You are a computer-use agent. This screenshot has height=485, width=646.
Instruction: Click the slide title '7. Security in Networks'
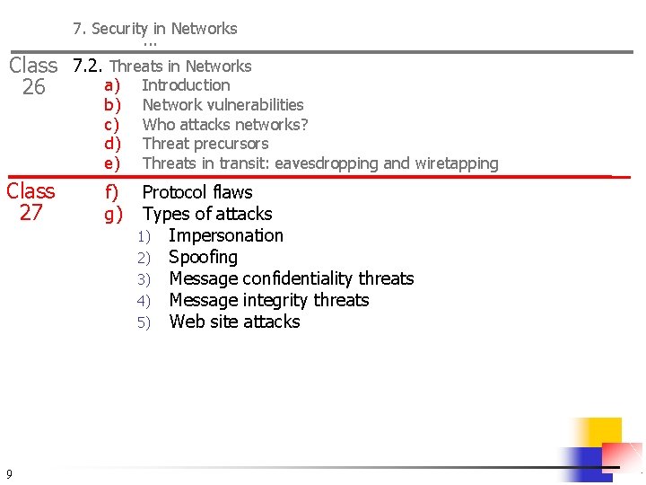click(x=155, y=29)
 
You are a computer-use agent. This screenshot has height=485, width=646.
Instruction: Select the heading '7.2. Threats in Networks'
click(x=162, y=66)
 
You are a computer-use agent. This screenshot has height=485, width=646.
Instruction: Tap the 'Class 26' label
click(x=33, y=76)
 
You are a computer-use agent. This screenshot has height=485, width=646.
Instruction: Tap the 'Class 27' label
click(x=31, y=202)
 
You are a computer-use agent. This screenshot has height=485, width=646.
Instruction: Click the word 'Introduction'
click(x=186, y=85)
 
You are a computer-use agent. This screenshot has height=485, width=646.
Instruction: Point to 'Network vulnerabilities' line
click(x=223, y=105)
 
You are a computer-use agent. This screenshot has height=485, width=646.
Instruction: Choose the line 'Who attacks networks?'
click(x=225, y=124)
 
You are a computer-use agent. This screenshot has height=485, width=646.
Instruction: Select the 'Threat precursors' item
click(x=205, y=144)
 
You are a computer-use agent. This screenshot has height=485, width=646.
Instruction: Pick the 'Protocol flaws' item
click(x=197, y=192)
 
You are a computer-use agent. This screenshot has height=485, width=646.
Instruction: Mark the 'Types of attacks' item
click(x=207, y=214)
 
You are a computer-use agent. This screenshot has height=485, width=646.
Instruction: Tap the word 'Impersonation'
click(x=225, y=235)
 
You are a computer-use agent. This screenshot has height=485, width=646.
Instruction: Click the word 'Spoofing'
click(x=203, y=257)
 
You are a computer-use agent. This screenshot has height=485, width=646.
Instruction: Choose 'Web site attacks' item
click(x=234, y=322)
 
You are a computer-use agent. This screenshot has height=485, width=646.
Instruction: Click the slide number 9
click(x=8, y=473)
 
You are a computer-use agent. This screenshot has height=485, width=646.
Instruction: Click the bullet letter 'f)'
click(x=112, y=192)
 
